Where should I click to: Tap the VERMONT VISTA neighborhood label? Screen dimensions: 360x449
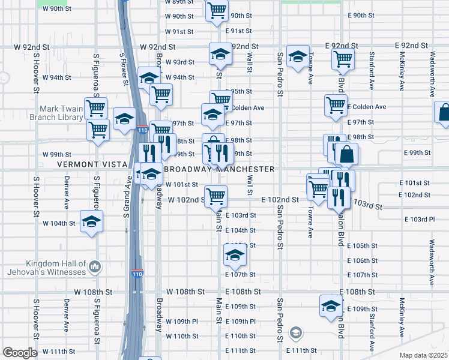pos(92,164)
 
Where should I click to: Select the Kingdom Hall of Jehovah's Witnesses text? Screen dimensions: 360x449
pos(55,268)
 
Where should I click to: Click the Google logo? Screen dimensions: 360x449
pos(19,353)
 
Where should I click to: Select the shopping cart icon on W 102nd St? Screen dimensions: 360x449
pos(216,195)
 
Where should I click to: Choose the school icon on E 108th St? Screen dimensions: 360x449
pos(331,306)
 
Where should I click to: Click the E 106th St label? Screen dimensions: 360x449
pos(365,261)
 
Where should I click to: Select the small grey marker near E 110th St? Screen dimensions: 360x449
pos(295,332)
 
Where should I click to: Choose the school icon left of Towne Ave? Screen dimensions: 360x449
pos(297,57)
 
